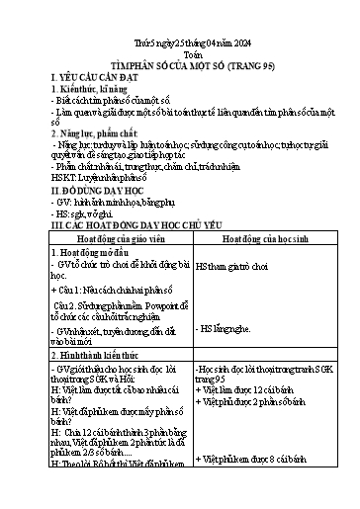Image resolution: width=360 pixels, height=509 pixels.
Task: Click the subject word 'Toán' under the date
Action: tap(180, 55)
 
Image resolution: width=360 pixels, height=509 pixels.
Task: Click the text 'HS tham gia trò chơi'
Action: tap(233, 267)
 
